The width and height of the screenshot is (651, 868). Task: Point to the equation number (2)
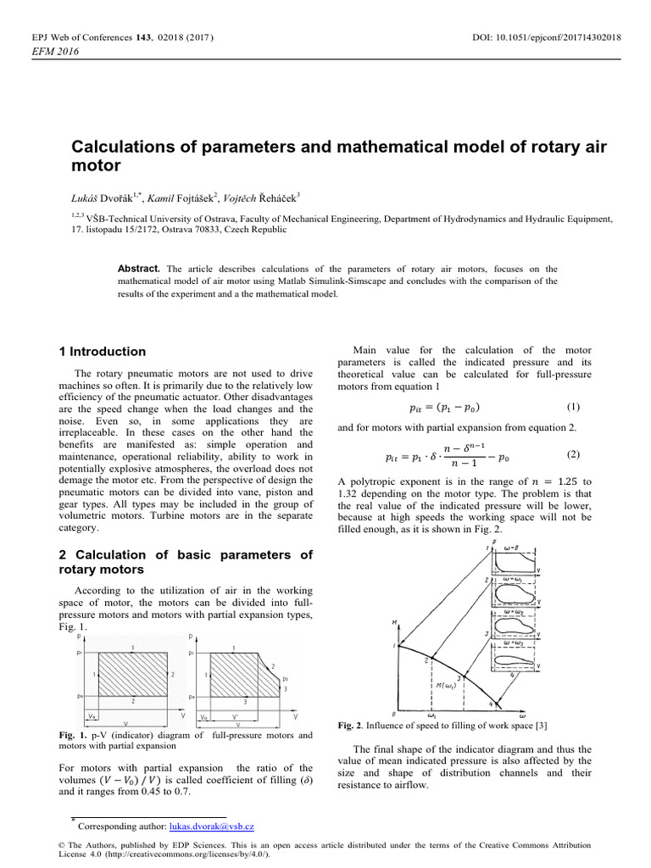[x=573, y=453]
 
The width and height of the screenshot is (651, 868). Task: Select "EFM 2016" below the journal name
[x=54, y=53]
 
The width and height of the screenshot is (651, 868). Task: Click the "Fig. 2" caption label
[x=350, y=726]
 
